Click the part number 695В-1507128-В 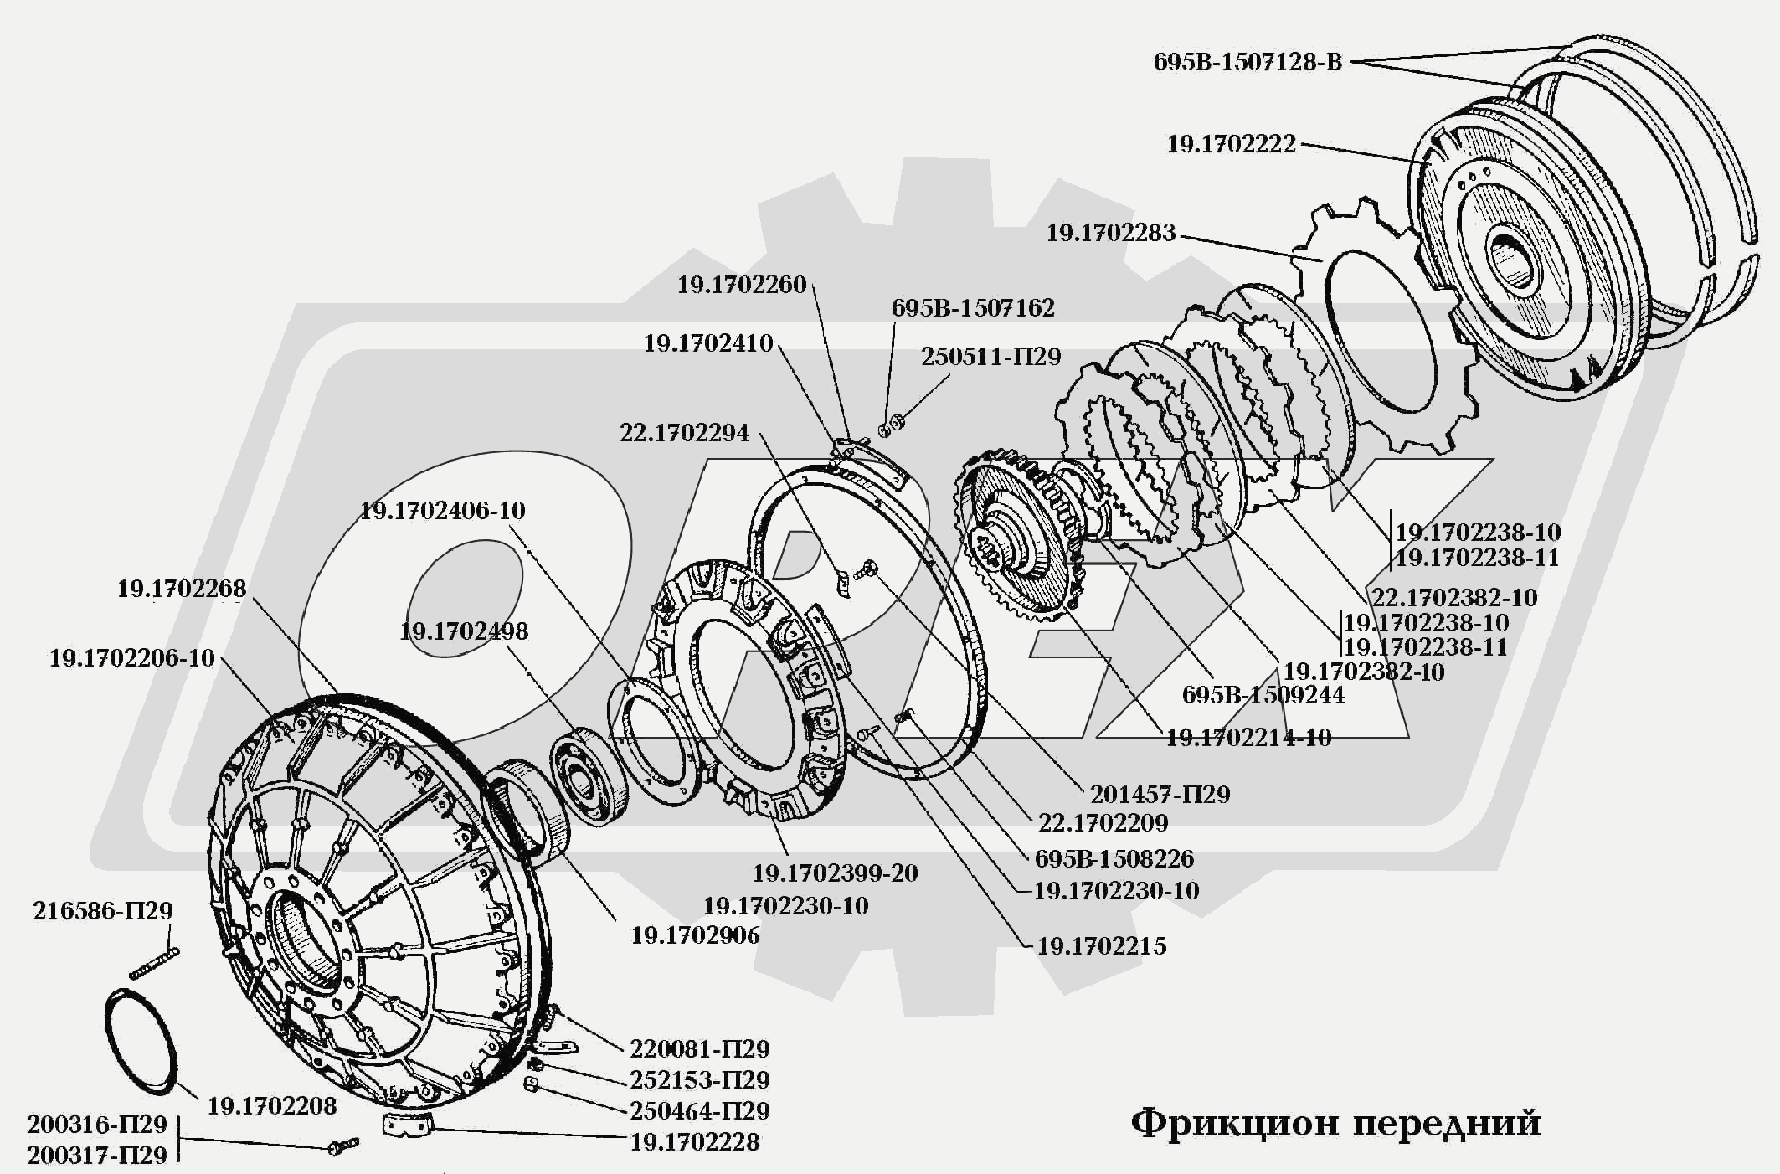(x=1247, y=62)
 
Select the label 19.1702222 (x=1231, y=144)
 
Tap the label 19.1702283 (x=1110, y=233)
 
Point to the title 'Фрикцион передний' (x=1335, y=1122)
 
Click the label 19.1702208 (x=271, y=1106)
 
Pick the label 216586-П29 (x=102, y=911)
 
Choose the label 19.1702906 (x=695, y=935)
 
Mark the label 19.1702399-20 (x=835, y=873)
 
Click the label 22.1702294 (x=684, y=433)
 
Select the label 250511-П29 (x=990, y=357)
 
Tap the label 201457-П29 (x=1160, y=794)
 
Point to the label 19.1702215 (x=1101, y=946)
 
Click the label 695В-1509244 (x=1263, y=695)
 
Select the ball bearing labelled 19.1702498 (x=589, y=779)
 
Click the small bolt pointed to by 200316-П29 (x=343, y=1145)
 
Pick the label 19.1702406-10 (x=442, y=511)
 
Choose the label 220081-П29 (x=699, y=1048)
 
